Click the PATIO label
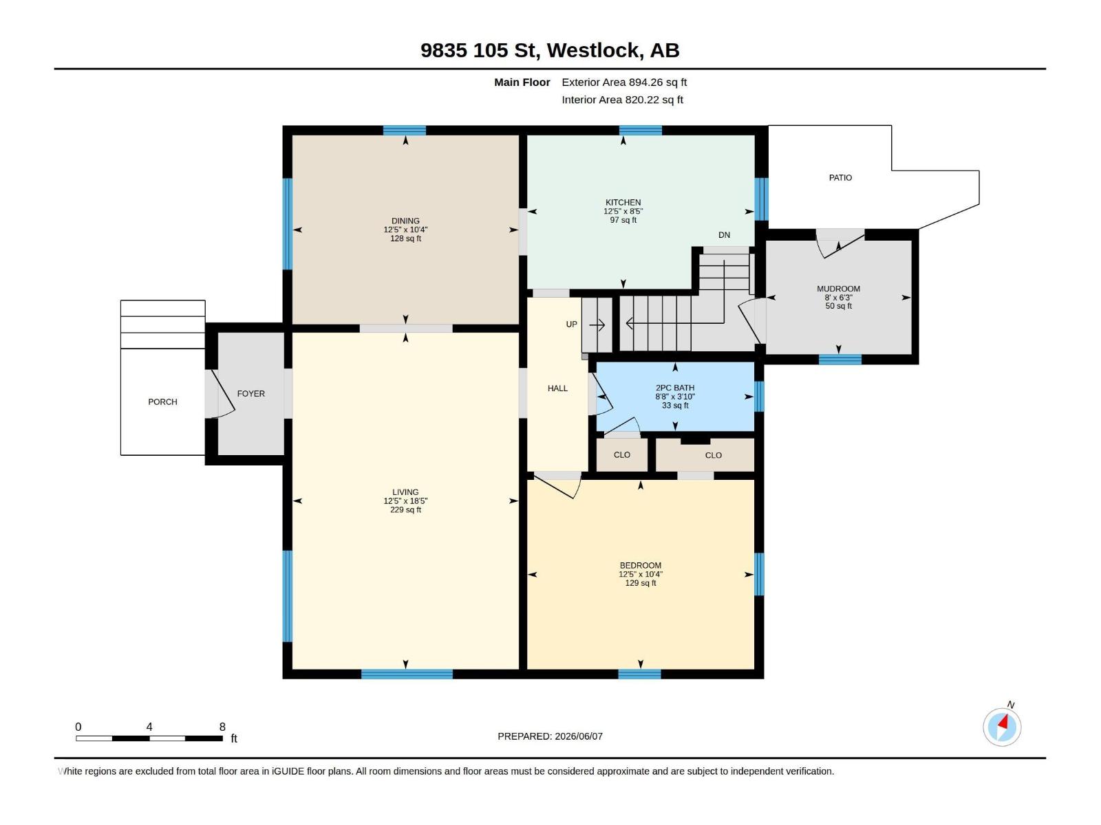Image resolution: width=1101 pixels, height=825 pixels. [x=840, y=178]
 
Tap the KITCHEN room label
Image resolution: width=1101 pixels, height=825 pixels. [x=623, y=202]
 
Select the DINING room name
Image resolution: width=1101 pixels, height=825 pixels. [x=405, y=221]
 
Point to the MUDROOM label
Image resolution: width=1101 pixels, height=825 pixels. [x=838, y=289]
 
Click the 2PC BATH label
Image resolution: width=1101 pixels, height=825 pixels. [x=674, y=388]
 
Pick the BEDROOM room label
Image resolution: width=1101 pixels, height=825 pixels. [x=640, y=566]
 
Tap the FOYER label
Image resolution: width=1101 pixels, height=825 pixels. [x=250, y=394]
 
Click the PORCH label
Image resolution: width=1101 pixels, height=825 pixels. [x=162, y=401]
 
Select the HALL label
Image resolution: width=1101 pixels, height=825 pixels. [x=557, y=388]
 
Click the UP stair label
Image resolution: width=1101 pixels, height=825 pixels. [x=571, y=324]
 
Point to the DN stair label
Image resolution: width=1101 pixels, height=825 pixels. [x=724, y=235]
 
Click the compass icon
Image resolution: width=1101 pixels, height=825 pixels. [x=1002, y=727]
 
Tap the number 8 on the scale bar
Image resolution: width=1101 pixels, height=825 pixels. [x=222, y=726]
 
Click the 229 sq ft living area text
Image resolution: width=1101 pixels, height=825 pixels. [x=405, y=510]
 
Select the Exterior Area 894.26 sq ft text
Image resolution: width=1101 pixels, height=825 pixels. [x=624, y=82]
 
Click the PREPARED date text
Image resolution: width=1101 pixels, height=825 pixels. [x=550, y=736]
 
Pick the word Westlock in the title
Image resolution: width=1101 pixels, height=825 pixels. [x=592, y=50]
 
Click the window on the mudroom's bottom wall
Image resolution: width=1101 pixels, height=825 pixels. [x=840, y=359]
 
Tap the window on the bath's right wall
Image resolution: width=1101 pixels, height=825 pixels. [x=759, y=396]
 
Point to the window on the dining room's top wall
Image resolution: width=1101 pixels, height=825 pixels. [x=405, y=131]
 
